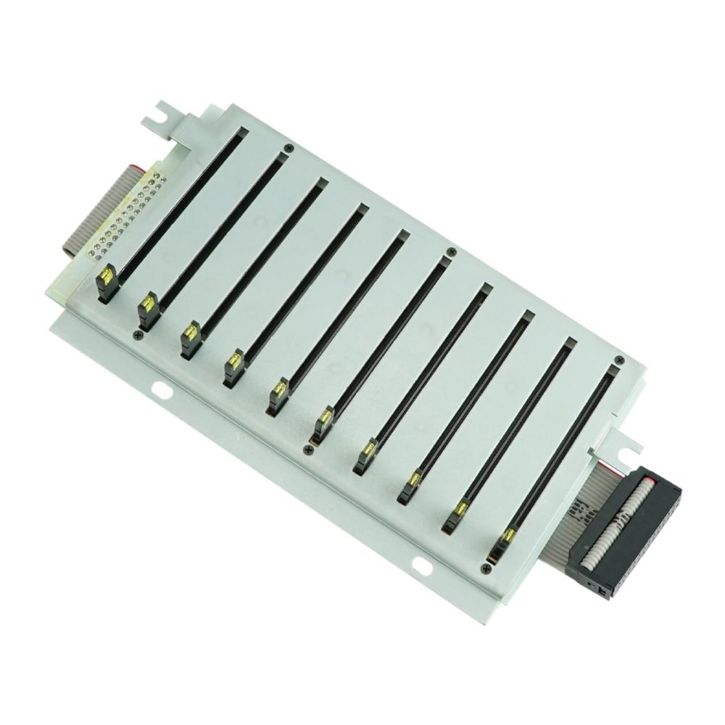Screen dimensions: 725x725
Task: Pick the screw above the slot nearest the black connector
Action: tap(618, 360)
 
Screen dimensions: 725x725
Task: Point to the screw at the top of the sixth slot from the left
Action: tap(451, 252)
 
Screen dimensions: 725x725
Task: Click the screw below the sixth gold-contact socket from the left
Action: tap(309, 450)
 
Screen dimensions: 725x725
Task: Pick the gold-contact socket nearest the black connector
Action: tap(505, 541)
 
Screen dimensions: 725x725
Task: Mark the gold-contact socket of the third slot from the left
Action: tap(190, 336)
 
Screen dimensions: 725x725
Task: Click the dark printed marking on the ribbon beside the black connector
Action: tap(579, 511)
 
